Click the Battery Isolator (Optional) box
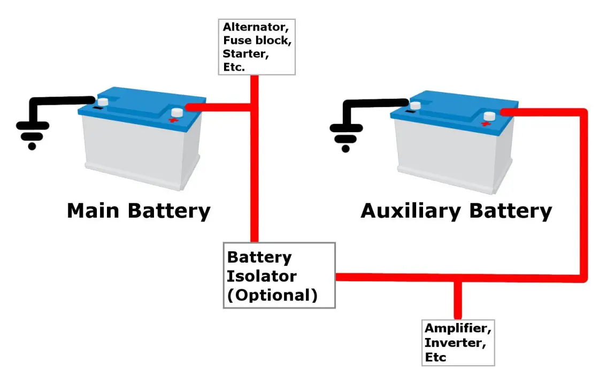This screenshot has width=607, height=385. click(x=279, y=275)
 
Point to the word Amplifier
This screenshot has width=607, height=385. click(x=458, y=328)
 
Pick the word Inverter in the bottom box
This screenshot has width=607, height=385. click(x=455, y=342)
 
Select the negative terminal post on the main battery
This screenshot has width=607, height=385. click(x=102, y=101)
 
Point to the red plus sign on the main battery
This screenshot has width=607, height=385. click(x=173, y=120)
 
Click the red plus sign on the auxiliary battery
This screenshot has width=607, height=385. click(x=485, y=124)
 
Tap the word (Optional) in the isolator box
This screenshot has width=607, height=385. click(x=272, y=295)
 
